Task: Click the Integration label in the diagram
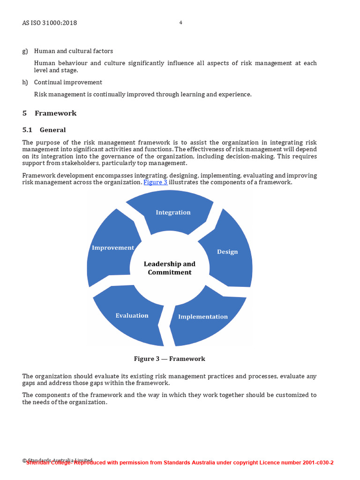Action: (x=173, y=212)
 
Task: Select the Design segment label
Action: (x=227, y=252)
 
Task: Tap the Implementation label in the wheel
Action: (x=202, y=317)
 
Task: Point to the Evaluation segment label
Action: (x=132, y=315)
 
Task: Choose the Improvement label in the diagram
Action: (x=113, y=247)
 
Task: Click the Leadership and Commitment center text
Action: (x=169, y=268)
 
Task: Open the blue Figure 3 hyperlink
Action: (x=155, y=182)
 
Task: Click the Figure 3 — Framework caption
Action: (x=169, y=359)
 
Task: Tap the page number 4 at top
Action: (x=180, y=22)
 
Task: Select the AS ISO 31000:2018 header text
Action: (x=50, y=23)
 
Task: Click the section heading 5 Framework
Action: (x=49, y=113)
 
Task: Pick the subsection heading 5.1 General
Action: (x=44, y=130)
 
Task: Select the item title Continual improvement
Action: (x=68, y=82)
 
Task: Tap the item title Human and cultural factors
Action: (x=74, y=51)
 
